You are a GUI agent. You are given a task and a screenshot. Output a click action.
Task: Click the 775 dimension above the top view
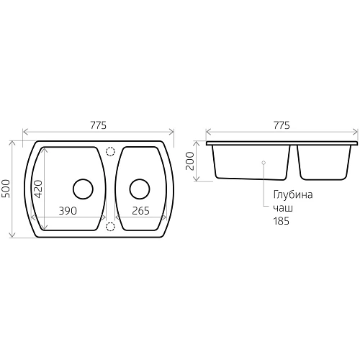[98, 125]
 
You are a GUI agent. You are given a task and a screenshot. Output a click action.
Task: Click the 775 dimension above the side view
[282, 125]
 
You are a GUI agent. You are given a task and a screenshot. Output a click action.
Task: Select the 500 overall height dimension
[6, 189]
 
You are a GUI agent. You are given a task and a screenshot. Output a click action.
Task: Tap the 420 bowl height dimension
[39, 189]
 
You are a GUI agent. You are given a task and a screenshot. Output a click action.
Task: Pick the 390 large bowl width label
[68, 211]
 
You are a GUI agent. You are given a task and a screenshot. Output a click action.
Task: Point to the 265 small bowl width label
[140, 211]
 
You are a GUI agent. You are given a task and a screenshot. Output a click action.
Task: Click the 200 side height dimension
[190, 161]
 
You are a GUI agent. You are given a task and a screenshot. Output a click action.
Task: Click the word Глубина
[293, 195]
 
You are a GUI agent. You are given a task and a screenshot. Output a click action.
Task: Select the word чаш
[283, 208]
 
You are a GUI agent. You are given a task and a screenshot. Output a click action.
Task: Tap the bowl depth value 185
[281, 221]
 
